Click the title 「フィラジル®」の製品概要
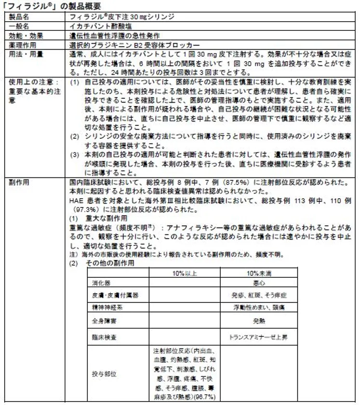point(53,6)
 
